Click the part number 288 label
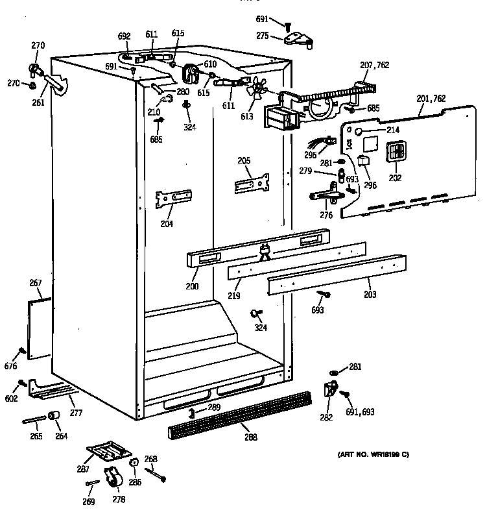pos(250,437)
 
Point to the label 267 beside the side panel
pos(35,282)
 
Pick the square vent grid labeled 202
pos(395,154)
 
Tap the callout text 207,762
pos(375,65)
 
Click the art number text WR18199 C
pos(373,454)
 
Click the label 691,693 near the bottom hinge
pos(360,411)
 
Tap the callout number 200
pos(191,286)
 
